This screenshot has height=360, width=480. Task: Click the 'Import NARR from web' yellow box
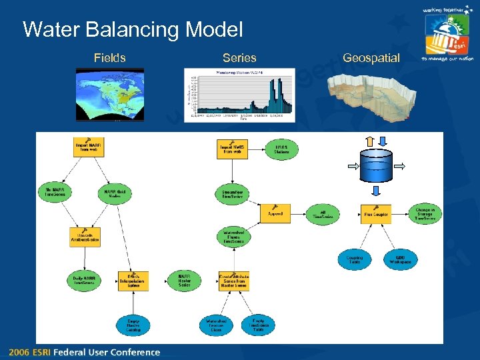pos(89,147)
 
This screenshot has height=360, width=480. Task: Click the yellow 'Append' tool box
pos(275,213)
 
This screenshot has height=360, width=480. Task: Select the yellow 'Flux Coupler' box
pos(376,214)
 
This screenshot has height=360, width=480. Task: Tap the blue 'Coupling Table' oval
pos(355,260)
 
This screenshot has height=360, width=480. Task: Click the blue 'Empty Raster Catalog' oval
pos(133,325)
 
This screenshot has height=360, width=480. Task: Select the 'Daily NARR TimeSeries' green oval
pos(84,281)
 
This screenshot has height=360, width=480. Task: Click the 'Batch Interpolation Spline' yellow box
pos(133,281)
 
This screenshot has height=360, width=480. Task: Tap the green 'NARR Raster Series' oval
pos(185,281)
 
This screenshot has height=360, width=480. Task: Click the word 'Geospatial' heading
pos(371,58)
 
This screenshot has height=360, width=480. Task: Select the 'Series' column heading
pos(239,58)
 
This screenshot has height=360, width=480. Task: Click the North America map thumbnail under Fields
pos(109,95)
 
